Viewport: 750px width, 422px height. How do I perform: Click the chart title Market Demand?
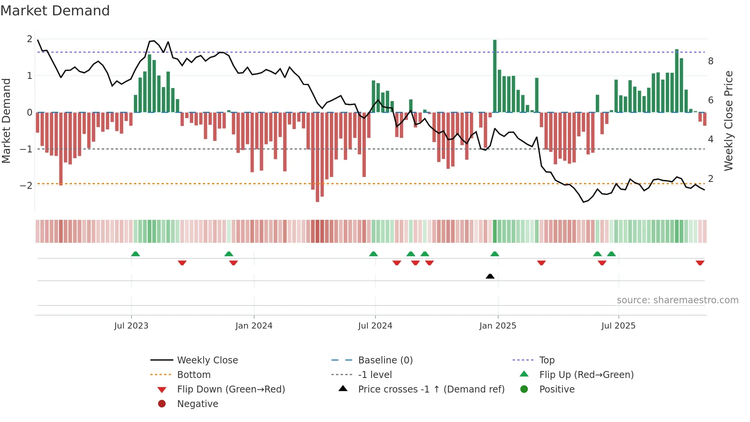(55, 11)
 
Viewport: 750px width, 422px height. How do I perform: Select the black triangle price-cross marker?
(490, 276)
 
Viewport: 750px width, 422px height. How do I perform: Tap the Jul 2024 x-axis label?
(375, 326)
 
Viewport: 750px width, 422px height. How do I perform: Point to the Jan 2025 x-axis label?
(497, 326)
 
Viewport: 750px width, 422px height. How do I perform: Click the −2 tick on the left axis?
(26, 186)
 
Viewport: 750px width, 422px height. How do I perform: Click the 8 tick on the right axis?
(711, 61)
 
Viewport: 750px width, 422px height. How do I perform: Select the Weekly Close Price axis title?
(729, 121)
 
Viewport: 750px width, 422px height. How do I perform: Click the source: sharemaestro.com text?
(677, 300)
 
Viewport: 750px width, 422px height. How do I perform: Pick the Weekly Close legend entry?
(207, 360)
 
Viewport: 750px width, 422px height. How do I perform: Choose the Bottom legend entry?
(194, 375)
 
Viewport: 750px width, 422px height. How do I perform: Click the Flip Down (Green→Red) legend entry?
(231, 389)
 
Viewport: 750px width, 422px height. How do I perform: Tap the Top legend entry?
(547, 360)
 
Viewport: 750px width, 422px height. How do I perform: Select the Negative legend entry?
(197, 404)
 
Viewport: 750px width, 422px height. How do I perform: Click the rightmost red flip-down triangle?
(700, 263)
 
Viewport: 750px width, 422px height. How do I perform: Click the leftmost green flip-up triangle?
(135, 254)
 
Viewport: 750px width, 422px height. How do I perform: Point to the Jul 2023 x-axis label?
(131, 326)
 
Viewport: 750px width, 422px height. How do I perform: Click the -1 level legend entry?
(375, 375)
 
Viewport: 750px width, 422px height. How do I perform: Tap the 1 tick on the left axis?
(29, 76)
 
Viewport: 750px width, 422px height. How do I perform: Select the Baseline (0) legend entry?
(385, 360)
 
